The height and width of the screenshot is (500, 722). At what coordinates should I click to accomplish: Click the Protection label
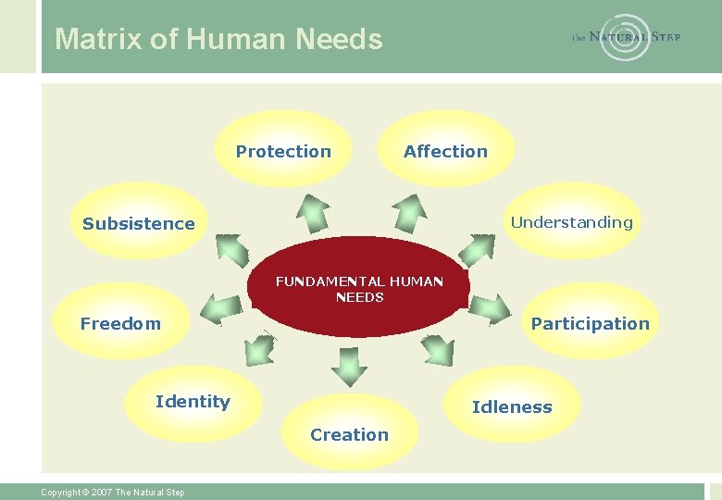click(x=283, y=151)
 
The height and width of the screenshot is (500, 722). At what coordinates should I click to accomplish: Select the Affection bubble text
click(x=445, y=151)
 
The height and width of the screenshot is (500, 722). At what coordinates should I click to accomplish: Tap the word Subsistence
click(x=139, y=223)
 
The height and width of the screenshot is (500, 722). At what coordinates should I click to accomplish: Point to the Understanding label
click(x=571, y=222)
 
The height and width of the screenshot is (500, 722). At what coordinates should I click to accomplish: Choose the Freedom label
click(x=120, y=323)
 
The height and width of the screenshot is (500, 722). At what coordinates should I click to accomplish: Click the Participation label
click(x=590, y=323)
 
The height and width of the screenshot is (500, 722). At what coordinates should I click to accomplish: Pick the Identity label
click(x=193, y=401)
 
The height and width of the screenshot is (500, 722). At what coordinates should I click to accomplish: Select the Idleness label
click(x=512, y=406)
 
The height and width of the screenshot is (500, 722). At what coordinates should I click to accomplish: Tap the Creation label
click(x=349, y=434)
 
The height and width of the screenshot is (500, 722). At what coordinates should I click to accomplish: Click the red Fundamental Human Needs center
click(x=359, y=289)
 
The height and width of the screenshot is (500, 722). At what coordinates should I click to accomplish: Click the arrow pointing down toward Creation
click(x=349, y=365)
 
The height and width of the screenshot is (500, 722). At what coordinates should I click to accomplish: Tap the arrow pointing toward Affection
click(x=408, y=212)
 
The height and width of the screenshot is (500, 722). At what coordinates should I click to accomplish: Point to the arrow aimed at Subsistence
click(x=232, y=248)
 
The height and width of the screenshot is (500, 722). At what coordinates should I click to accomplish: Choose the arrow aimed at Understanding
click(x=479, y=248)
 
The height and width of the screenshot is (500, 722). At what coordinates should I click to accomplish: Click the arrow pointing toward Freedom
click(x=221, y=306)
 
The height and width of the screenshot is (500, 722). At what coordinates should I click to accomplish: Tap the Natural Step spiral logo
click(x=626, y=37)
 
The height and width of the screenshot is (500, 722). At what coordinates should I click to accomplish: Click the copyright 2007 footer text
click(x=112, y=492)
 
